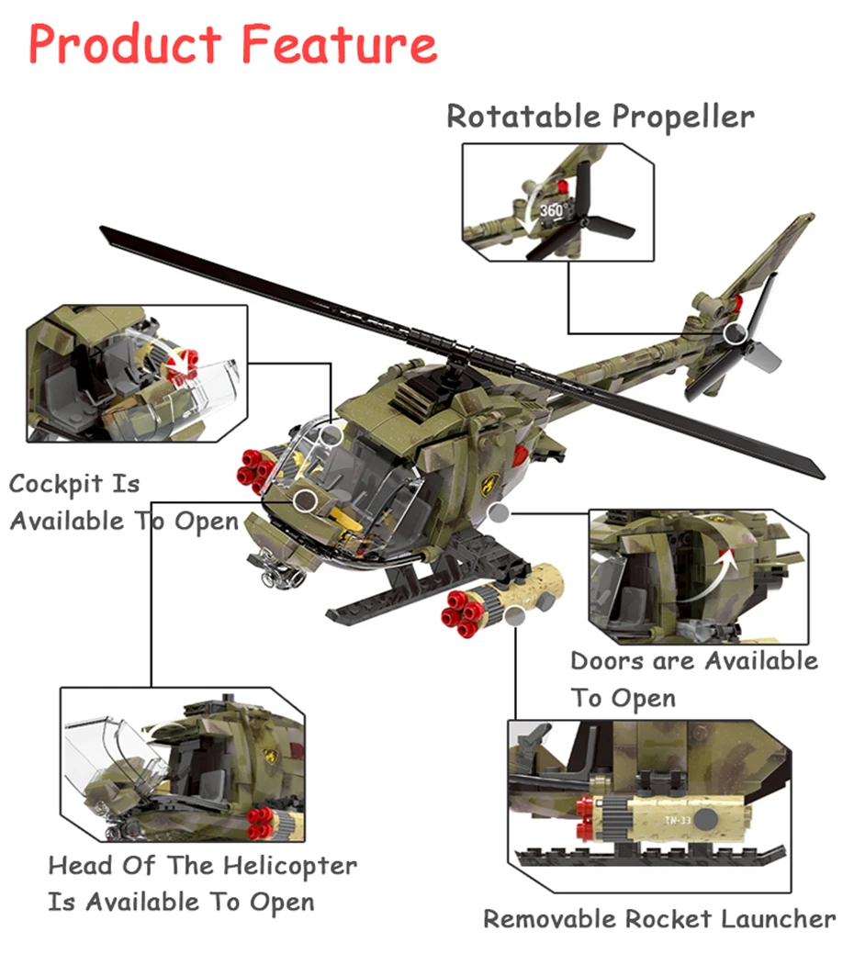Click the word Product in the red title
pyautogui.click(x=125, y=44)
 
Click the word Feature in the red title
pyautogui.click(x=340, y=44)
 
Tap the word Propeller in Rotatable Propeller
pyautogui.click(x=683, y=117)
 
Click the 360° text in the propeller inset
pyautogui.click(x=553, y=210)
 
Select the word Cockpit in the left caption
pyautogui.click(x=56, y=485)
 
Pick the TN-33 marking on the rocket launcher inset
pyautogui.click(x=677, y=820)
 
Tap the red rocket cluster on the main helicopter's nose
pyautogui.click(x=255, y=470)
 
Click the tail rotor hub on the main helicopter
pyautogui.click(x=735, y=333)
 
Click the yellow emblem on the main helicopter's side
pyautogui.click(x=490, y=485)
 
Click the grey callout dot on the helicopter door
pyautogui.click(x=499, y=512)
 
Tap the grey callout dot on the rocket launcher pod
pyautogui.click(x=514, y=616)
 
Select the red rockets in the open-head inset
pyautogui.click(x=262, y=824)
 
